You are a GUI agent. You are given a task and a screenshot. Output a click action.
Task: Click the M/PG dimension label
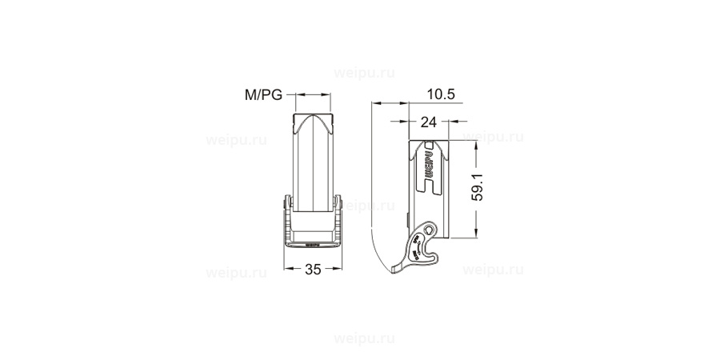point(263,95)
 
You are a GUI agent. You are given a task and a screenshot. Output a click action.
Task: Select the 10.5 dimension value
point(440,94)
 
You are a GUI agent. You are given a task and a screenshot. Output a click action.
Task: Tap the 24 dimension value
point(428,122)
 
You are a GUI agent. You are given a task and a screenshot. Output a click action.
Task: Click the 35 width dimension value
point(313,270)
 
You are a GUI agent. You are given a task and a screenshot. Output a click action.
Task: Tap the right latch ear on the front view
point(340,204)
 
